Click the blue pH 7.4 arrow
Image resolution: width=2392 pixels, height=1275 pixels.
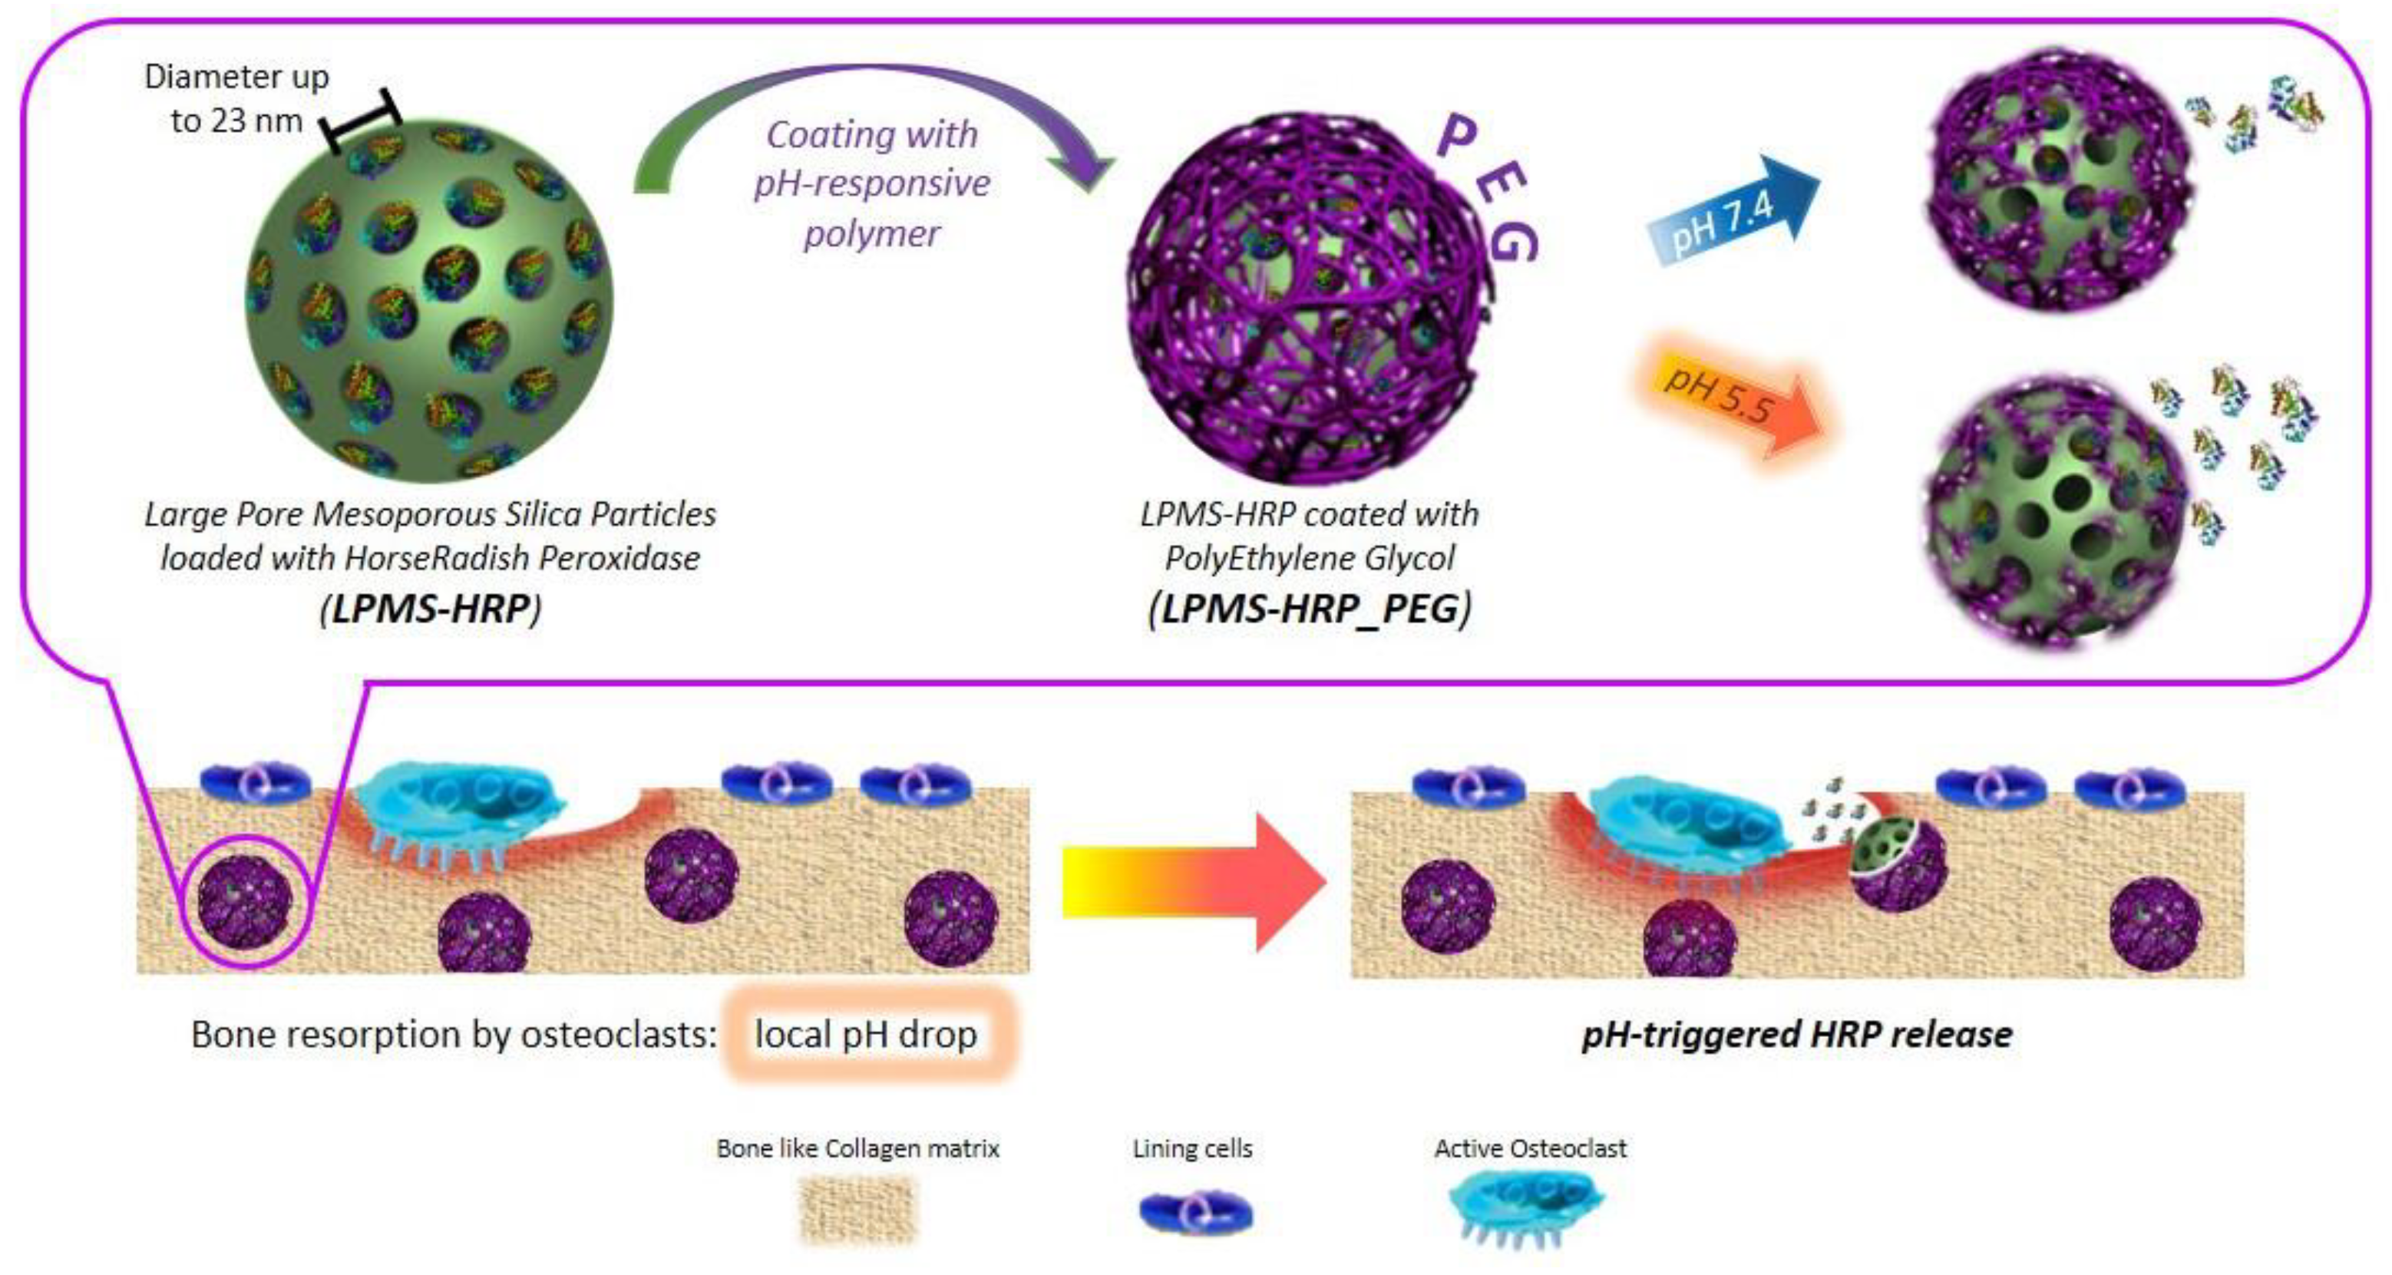tap(1732, 212)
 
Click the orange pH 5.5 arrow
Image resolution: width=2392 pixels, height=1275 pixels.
tap(1736, 408)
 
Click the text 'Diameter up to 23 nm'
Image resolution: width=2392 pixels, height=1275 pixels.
tap(236, 98)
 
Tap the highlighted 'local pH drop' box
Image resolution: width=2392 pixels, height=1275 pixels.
tap(867, 1033)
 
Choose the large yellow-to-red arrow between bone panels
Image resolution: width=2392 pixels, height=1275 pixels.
tap(1193, 881)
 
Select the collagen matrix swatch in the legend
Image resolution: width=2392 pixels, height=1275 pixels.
tap(857, 1210)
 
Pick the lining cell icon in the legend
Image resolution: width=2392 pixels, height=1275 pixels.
tap(1195, 1213)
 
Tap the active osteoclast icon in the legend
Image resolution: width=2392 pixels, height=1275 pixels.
tap(1527, 1205)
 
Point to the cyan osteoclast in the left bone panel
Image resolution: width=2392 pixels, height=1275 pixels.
tap(460, 803)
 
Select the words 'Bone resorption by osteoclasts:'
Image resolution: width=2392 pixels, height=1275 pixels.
tap(453, 1033)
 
